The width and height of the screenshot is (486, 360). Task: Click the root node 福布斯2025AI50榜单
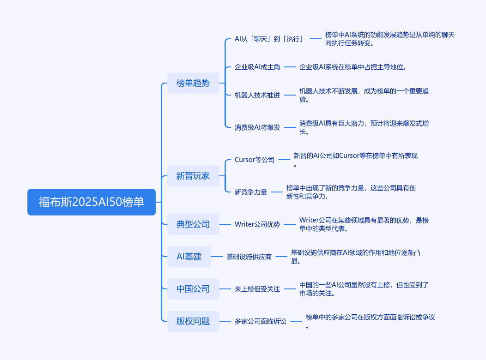pos(91,202)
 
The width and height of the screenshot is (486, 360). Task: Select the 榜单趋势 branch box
pos(193,83)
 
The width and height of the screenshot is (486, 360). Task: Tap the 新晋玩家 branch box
pos(193,176)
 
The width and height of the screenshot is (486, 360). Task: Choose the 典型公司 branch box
pos(193,224)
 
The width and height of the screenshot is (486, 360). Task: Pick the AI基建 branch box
pos(189,257)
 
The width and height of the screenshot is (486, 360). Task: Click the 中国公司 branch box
pos(193,289)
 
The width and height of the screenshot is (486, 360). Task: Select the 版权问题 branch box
pos(193,321)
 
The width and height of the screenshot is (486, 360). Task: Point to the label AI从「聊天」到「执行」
pos(269,39)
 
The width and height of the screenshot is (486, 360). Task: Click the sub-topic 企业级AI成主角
pos(257,67)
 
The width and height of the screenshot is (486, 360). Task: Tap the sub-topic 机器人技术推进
pos(257,95)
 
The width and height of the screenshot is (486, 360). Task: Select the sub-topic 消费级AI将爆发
pos(257,127)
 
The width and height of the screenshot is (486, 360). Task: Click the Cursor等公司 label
pos(255,160)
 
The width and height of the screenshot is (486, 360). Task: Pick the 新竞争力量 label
pos(251,192)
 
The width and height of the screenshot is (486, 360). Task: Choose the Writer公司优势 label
pos(257,224)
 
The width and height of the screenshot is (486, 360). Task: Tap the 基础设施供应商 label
pos(249,257)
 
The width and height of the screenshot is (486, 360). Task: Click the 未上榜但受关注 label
pos(257,289)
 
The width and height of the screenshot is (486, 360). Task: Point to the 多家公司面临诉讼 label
pos(261,321)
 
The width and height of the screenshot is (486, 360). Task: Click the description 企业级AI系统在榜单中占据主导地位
pos(353,67)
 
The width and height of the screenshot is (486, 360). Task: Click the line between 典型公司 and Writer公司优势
pos(225,224)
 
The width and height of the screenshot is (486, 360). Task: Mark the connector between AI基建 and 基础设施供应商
pos(217,257)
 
